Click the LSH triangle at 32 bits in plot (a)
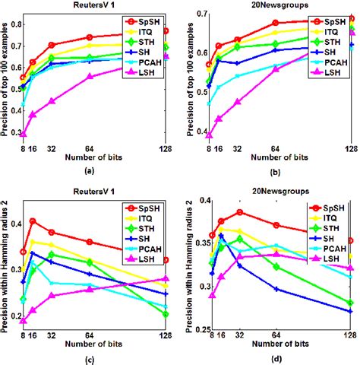point(52,101)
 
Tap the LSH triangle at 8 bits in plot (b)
point(210,135)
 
